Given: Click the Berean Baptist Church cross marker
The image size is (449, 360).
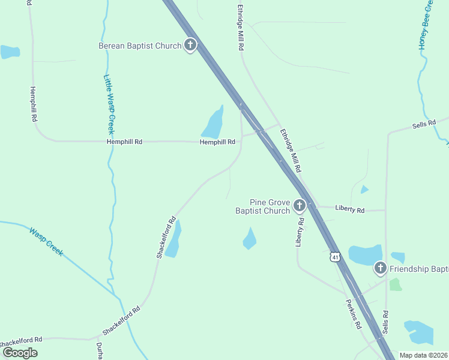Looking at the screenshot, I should click(190, 45).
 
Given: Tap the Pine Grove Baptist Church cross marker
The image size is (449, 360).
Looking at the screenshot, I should click(299, 206).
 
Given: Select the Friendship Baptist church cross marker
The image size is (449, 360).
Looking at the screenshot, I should click(380, 268).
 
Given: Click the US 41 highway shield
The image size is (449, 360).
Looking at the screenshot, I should click(335, 257).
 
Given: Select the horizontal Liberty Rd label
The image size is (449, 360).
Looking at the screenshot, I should click(350, 210).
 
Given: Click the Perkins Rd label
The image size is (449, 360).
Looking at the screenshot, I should click(353, 314).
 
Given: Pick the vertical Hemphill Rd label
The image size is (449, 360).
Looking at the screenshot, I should click(33, 103).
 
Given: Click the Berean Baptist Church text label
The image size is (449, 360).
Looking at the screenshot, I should click(140, 46).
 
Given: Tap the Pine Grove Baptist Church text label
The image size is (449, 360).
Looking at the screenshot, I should click(262, 207).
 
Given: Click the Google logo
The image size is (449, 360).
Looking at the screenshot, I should click(20, 353).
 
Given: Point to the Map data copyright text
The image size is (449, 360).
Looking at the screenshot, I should click(423, 355).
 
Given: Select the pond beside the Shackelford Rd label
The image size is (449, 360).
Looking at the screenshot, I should click(173, 240).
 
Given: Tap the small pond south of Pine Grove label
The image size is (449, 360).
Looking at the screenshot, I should click(249, 239).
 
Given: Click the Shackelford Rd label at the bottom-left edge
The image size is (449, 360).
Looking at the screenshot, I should click(22, 340).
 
